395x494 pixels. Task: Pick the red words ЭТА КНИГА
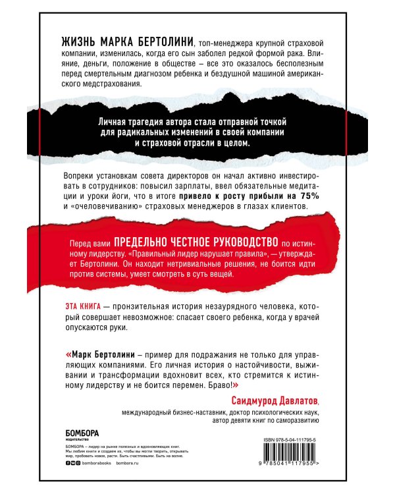[x=74, y=308]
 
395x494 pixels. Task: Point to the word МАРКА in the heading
[x=102, y=41]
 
